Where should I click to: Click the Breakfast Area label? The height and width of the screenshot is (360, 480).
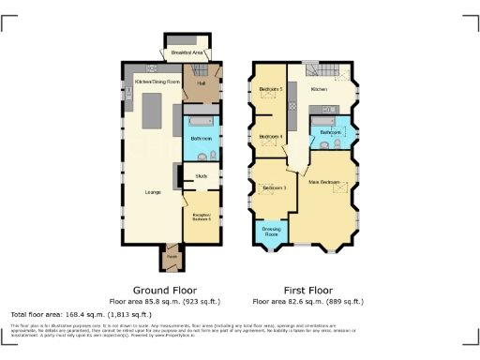click(187, 53)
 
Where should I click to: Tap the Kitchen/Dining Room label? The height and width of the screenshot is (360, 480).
click(157, 82)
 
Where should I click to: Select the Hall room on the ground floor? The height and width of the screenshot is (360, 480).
click(201, 82)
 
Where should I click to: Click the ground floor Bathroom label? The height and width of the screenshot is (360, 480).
click(202, 140)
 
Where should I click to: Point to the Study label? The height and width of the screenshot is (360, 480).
click(202, 175)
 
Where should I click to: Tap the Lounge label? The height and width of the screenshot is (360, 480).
click(153, 192)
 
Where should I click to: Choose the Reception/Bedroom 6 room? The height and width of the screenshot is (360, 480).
click(202, 216)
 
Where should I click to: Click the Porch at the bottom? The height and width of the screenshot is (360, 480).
click(172, 254)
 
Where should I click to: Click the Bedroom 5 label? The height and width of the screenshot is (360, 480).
click(271, 90)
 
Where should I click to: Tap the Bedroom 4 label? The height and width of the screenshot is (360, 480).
click(271, 137)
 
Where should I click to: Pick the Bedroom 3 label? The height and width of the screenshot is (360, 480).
click(274, 188)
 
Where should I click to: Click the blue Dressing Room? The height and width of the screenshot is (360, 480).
click(272, 232)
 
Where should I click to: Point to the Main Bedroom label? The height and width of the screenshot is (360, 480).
click(323, 181)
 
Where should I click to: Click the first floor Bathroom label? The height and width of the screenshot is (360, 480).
click(329, 133)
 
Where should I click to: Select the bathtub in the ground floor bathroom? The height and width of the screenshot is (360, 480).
click(201, 121)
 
